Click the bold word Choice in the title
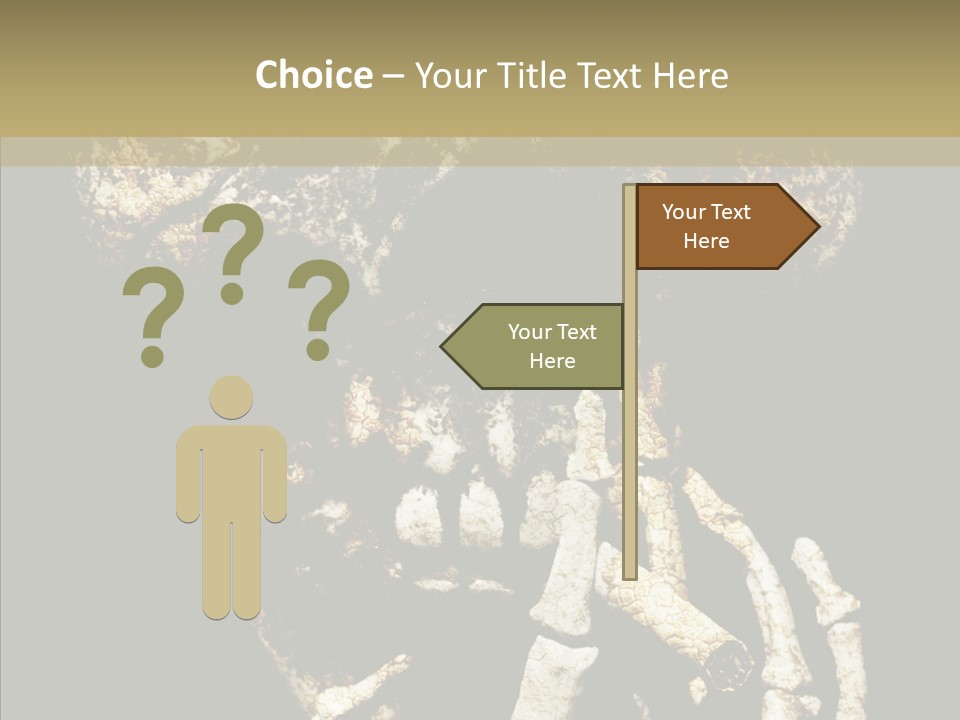click(313, 75)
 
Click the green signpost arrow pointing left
click(535, 346)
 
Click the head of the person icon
click(231, 396)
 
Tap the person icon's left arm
click(187, 475)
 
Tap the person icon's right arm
click(275, 475)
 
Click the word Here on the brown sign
click(706, 241)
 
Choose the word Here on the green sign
click(552, 361)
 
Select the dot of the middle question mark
click(232, 293)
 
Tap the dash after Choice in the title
click(393, 76)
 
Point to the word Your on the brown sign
click(684, 212)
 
